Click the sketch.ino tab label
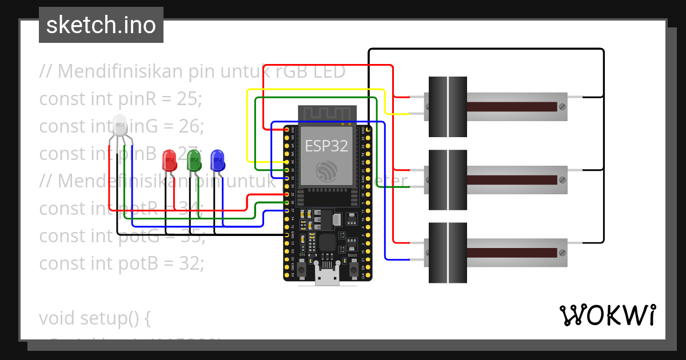(x=101, y=25)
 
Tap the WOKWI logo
(x=607, y=315)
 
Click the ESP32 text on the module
(x=326, y=146)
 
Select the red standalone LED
(x=169, y=160)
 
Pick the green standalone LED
(x=194, y=160)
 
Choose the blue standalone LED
(x=217, y=160)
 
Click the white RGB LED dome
(x=119, y=125)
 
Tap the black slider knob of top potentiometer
(x=448, y=107)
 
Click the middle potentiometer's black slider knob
(x=448, y=180)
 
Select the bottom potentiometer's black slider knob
(x=448, y=253)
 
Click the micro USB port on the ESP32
(x=327, y=278)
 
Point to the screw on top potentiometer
(x=563, y=107)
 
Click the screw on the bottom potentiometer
(x=563, y=253)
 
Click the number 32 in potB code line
(x=189, y=263)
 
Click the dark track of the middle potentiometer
(x=512, y=180)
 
